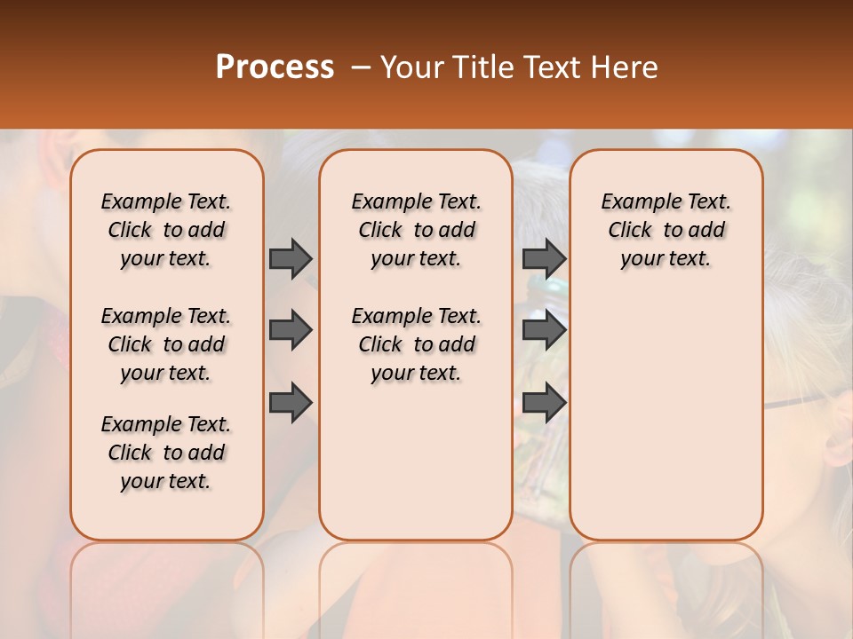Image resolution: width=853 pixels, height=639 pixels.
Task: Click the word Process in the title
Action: pos(275,67)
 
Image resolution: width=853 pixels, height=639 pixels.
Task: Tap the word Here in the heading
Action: pos(623,67)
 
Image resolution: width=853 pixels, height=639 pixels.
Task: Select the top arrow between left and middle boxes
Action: pos(291,258)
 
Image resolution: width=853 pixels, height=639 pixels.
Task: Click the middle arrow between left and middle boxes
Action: pos(291,330)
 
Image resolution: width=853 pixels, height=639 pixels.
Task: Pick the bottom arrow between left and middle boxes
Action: pos(291,404)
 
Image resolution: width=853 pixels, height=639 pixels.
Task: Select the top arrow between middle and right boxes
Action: pos(544,258)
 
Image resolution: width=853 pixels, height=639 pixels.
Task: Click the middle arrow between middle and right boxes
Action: pos(544,330)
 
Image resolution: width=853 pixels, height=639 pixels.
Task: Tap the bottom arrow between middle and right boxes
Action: pos(544,404)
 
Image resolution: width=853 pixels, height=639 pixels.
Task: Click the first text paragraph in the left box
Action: pos(166,230)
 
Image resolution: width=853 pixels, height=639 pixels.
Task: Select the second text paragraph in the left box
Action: pos(166,344)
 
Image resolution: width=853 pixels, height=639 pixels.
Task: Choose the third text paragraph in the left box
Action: pos(166,453)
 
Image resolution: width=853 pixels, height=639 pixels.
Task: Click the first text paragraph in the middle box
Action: pos(416,230)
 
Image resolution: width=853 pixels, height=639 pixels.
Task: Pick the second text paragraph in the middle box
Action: pos(416,344)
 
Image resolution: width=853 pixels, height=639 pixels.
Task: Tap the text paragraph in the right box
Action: pos(666,230)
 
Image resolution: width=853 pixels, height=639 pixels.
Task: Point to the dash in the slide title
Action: pos(361,67)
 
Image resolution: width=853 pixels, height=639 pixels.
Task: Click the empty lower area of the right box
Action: pos(666,417)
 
